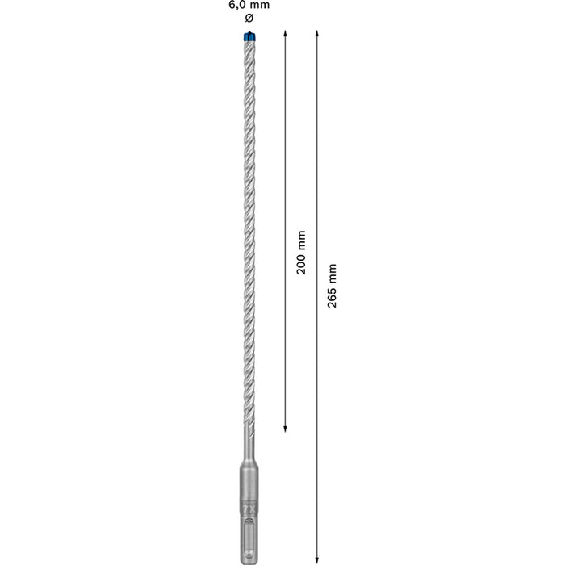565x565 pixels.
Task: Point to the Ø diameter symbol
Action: (x=248, y=19)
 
